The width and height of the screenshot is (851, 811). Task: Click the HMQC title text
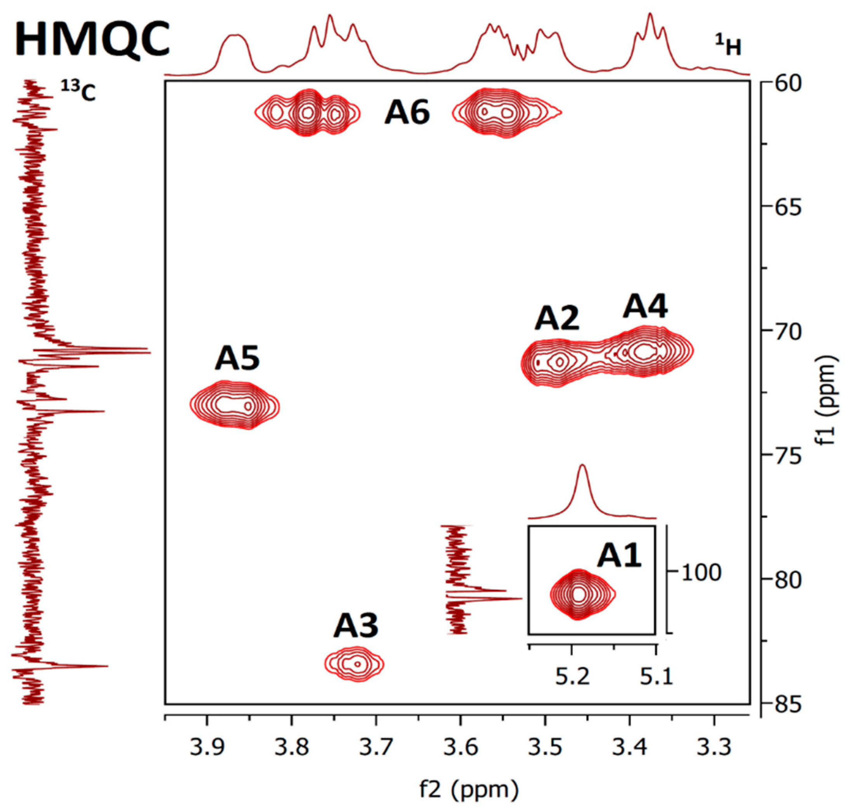92,41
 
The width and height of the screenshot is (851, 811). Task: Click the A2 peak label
556,319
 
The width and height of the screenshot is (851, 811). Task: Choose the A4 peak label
645,306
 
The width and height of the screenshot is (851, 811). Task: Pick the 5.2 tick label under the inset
572,677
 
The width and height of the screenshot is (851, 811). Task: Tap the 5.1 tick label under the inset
657,677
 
